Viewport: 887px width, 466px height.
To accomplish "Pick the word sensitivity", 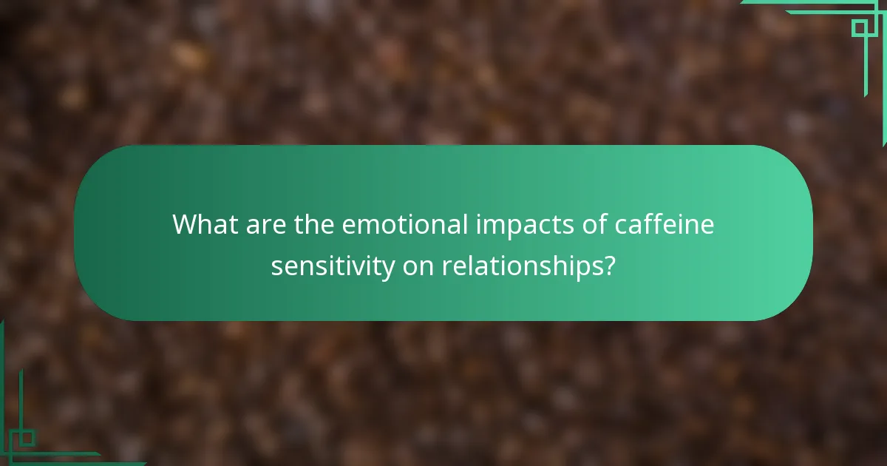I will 333,266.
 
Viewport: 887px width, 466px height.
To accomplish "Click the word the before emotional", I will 314,224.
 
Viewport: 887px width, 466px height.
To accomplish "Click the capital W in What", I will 186,224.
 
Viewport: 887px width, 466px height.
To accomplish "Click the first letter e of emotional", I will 348,226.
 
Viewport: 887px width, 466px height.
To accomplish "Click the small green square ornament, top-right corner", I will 859,28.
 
